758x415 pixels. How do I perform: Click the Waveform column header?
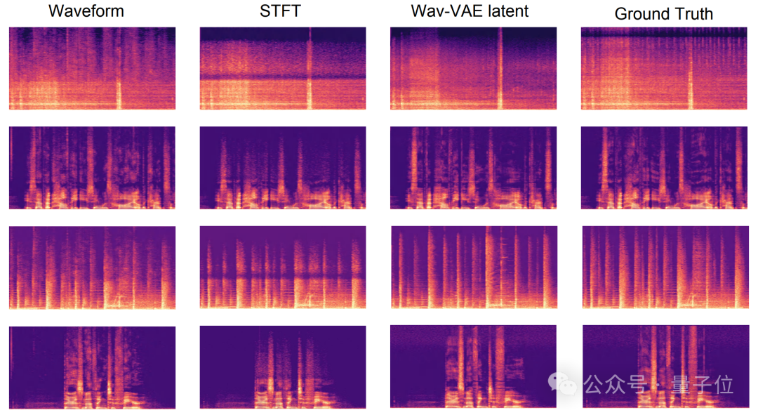pos(86,11)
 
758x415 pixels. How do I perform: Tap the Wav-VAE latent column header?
pos(470,11)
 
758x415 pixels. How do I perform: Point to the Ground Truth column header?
pos(663,13)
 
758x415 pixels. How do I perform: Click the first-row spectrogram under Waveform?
pos(92,68)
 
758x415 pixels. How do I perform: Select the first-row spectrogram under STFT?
pos(283,68)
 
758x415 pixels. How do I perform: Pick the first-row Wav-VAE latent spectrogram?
pos(473,68)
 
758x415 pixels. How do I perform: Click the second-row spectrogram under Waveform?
pos(92,167)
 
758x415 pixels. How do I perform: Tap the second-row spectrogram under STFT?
pos(283,167)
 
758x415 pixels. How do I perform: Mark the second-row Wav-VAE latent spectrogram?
pos(473,167)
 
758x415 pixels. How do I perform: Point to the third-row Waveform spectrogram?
pos(92,267)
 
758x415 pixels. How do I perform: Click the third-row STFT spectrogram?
pos(283,267)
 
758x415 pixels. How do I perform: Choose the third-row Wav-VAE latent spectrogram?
pos(473,267)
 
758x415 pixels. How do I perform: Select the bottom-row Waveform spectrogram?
pos(92,367)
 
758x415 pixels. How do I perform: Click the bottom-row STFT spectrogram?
pos(283,367)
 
